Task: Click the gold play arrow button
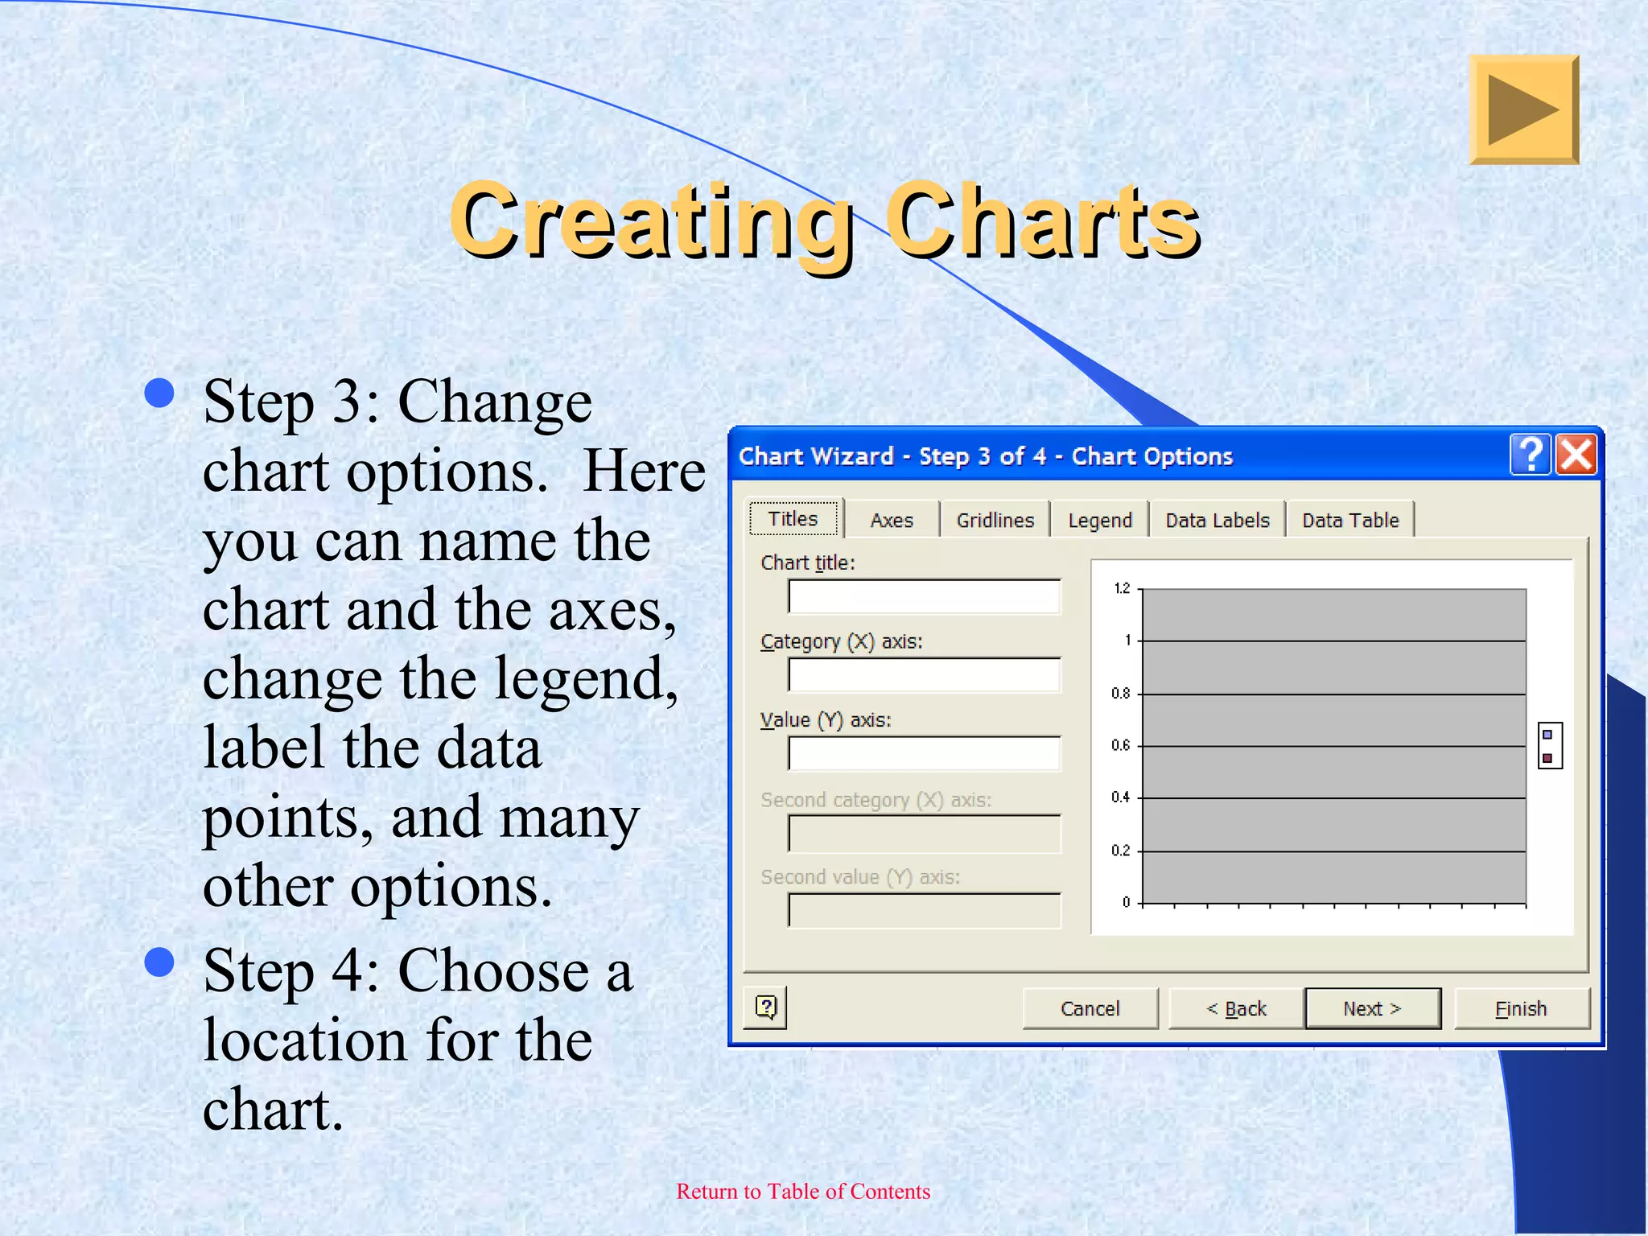(1524, 110)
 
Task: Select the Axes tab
(892, 520)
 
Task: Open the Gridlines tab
(995, 520)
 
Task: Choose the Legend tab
(1099, 520)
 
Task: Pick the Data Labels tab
(1217, 520)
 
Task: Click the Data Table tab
(1350, 520)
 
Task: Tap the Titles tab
(793, 518)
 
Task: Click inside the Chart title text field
(924, 597)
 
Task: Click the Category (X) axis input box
(924, 675)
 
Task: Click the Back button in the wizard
(1236, 1008)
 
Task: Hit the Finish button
(1521, 1008)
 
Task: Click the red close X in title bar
(1576, 455)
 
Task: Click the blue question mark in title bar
(1531, 455)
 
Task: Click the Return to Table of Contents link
(803, 1191)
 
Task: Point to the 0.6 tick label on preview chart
(1120, 745)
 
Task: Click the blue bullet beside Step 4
(159, 962)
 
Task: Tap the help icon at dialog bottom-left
(765, 1007)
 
